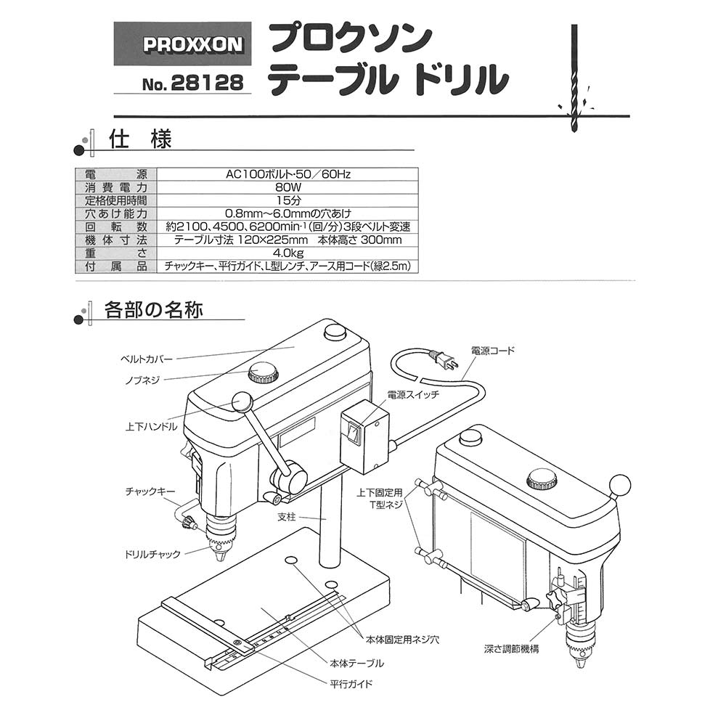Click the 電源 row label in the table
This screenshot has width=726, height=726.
[x=116, y=174]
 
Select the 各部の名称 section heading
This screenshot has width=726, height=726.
[x=153, y=310]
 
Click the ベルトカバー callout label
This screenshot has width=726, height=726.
[x=147, y=359]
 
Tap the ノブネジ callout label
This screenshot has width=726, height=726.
[x=142, y=380]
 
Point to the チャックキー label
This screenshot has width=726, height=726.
[x=150, y=492]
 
